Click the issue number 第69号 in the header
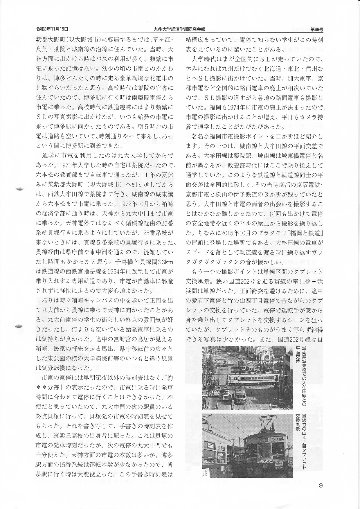click(x=317, y=29)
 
